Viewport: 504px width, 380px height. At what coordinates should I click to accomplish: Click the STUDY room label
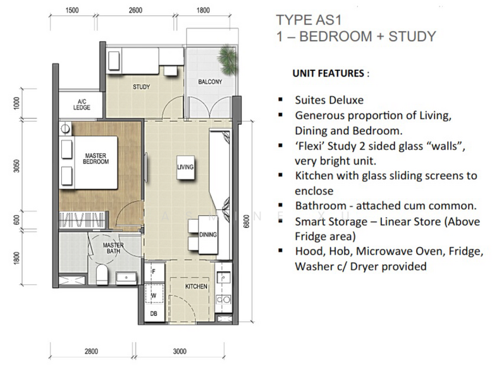coord(141,87)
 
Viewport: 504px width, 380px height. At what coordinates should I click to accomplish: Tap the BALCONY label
coord(210,82)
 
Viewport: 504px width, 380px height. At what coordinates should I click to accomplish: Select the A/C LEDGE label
coord(82,104)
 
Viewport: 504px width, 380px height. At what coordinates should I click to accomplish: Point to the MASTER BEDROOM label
coord(95,159)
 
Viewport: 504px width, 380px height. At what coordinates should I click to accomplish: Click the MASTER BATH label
coord(113,248)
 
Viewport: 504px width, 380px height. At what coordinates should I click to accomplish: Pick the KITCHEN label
coord(196,286)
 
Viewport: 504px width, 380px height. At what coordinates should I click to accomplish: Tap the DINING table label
coord(208,234)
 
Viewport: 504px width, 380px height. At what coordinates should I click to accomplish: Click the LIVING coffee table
coord(185,167)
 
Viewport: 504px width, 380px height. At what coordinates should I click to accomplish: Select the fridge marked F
coord(154,272)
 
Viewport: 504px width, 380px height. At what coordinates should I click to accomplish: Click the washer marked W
coord(154,295)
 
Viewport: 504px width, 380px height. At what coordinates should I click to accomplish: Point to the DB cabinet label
coord(154,313)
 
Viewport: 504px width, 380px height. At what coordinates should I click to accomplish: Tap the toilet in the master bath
coord(102,275)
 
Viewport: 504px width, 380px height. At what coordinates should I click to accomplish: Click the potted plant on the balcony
coord(228,60)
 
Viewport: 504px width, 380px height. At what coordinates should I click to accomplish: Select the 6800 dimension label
coord(247,221)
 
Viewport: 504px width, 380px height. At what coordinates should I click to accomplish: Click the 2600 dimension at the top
coord(135,10)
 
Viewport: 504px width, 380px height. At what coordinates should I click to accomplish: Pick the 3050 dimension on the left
coord(16,166)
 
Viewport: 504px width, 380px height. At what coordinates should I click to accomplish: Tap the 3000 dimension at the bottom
coord(180,351)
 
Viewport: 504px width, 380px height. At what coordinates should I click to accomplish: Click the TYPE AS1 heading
coord(309,20)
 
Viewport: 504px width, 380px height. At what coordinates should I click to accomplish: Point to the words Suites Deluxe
coord(329,100)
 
